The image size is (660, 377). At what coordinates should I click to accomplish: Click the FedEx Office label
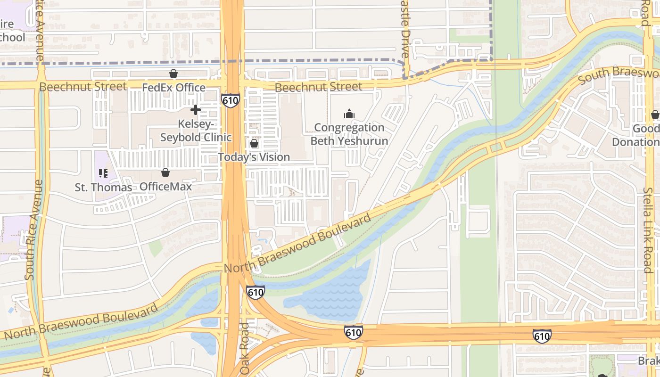click(173, 88)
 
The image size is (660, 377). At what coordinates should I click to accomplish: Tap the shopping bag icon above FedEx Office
click(173, 74)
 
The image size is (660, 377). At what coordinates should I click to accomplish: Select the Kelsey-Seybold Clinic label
click(196, 131)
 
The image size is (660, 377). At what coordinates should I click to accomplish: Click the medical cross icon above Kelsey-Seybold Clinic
click(195, 110)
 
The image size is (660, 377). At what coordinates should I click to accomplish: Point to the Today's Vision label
click(254, 157)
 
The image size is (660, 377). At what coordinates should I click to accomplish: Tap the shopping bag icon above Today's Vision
click(254, 143)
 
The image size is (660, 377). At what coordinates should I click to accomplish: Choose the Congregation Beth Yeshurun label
click(349, 134)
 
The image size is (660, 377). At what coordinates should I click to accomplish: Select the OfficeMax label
click(165, 187)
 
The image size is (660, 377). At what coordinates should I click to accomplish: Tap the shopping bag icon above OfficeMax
click(165, 172)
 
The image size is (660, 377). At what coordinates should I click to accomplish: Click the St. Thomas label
click(103, 187)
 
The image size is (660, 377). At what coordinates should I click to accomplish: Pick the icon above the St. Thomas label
click(103, 173)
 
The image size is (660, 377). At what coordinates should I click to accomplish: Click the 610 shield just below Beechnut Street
click(231, 100)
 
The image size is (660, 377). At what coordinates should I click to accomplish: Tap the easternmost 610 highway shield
click(542, 336)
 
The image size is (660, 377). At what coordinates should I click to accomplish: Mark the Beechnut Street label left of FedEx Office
click(83, 87)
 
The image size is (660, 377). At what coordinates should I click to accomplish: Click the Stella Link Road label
click(649, 230)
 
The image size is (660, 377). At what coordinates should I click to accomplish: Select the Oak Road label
click(244, 349)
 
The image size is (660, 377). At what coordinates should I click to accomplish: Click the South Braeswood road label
click(618, 75)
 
